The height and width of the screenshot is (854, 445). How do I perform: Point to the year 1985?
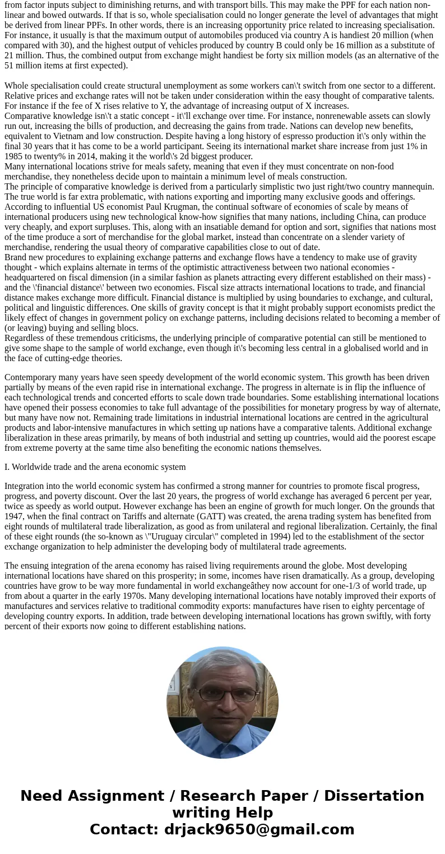[15, 156]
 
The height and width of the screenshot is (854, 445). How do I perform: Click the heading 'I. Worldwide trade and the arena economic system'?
[95, 467]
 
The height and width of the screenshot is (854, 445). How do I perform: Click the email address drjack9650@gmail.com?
[259, 829]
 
